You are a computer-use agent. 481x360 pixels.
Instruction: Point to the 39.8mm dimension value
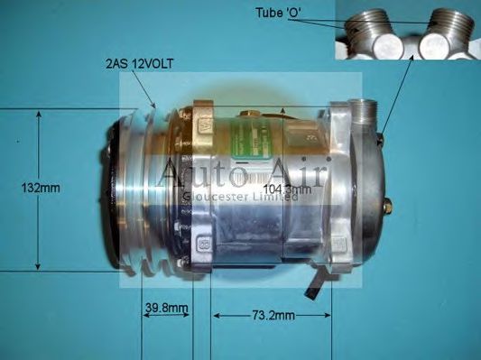[167, 309]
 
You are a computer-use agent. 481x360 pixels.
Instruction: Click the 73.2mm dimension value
[272, 316]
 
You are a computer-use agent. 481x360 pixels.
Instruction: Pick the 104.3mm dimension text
[290, 190]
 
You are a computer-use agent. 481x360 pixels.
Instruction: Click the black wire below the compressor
[313, 287]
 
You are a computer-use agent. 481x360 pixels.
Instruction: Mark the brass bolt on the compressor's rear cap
[386, 207]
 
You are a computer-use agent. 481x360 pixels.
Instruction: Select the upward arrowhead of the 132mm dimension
[38, 115]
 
